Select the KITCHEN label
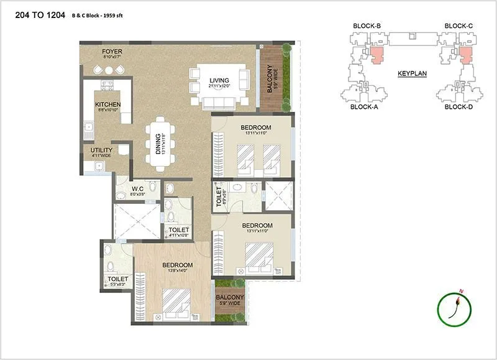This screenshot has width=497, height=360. [107, 104]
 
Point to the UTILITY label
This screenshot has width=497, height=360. [101, 150]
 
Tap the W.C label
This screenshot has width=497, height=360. [138, 189]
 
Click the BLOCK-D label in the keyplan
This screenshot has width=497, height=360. [459, 107]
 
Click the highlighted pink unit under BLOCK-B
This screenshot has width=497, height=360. [377, 55]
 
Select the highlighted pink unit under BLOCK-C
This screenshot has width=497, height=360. [464, 55]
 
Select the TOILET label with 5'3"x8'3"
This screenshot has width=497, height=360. [117, 279]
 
